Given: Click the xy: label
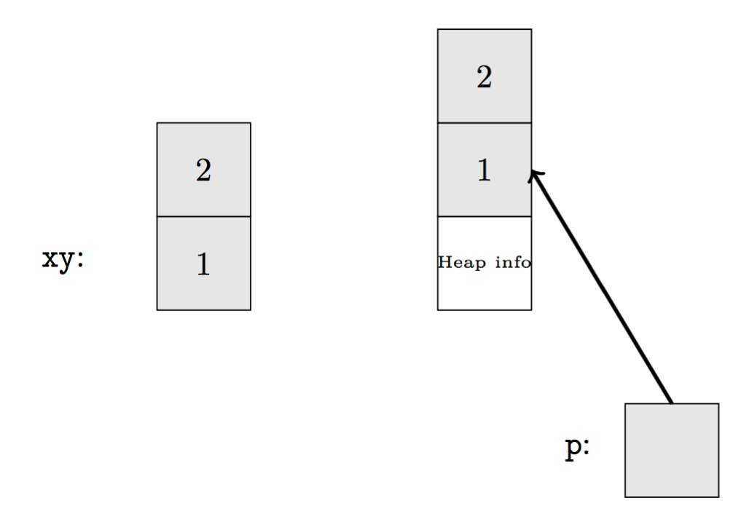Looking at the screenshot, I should pos(63,259).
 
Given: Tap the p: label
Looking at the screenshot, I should pos(578,448).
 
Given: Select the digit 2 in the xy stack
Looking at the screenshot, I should pos(203,170).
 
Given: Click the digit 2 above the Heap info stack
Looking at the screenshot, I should pos(484,76).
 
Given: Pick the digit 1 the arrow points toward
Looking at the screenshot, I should pos(484,170).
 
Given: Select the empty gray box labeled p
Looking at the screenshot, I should pos(671,450).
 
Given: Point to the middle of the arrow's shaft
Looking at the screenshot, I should pos(602,287).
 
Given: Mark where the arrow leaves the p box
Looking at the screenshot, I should pos(671,403).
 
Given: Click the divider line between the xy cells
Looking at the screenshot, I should pos(203,216).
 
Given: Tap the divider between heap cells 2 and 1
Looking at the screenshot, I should pos(484,123).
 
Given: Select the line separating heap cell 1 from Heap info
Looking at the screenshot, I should pos(484,216).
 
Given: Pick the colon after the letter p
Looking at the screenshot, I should pos(586,448).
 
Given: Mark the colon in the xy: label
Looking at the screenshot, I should pos(80,260).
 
